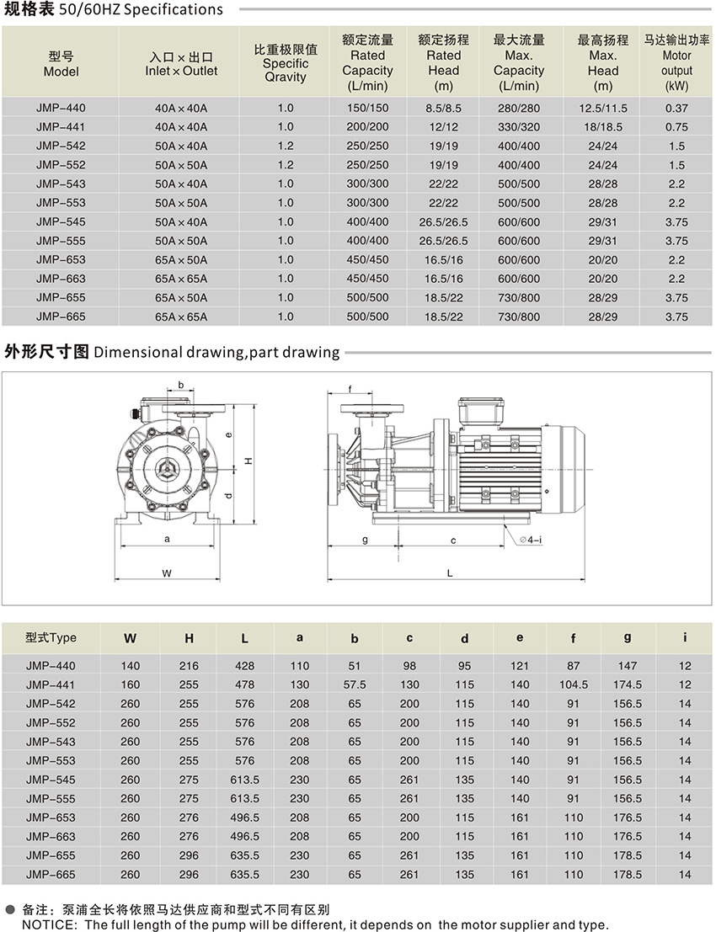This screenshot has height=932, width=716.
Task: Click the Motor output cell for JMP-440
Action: [x=676, y=108]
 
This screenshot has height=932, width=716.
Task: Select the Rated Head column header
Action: [x=443, y=62]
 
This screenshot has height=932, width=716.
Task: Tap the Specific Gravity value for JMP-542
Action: [x=285, y=146]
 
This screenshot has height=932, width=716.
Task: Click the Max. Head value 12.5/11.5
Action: [x=603, y=108]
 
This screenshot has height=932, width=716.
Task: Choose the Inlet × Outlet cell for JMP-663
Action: [x=180, y=279]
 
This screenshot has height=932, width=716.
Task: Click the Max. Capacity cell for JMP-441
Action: [x=518, y=127]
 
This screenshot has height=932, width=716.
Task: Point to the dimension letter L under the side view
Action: [x=450, y=573]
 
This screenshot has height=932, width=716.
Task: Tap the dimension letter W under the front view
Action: [x=167, y=573]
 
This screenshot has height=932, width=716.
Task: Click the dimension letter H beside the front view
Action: [x=248, y=461]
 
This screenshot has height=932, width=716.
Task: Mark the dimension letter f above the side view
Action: [x=350, y=389]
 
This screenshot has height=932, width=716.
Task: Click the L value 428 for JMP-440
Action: [x=244, y=666]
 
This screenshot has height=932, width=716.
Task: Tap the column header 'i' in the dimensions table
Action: [x=685, y=637]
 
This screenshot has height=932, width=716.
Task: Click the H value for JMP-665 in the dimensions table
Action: [x=189, y=875]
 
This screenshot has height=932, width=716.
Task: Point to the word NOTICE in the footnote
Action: [x=47, y=924]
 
